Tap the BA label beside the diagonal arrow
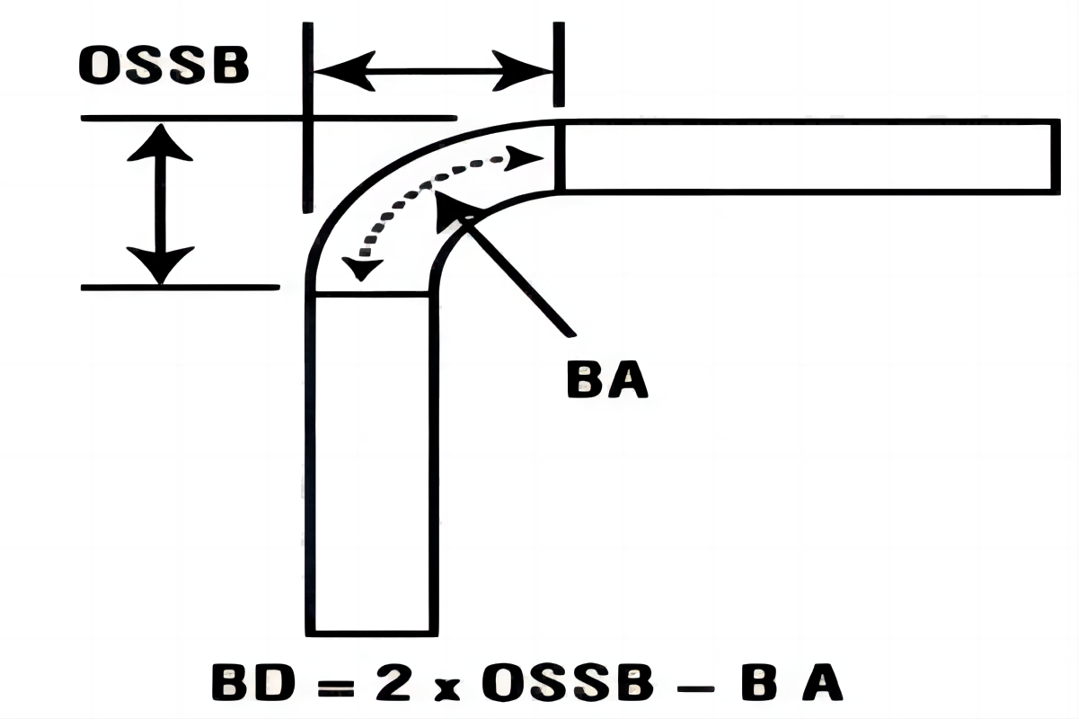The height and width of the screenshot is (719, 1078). pos(607,381)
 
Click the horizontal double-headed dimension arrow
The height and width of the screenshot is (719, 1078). pos(430,70)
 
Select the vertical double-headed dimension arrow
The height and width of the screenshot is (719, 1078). pos(160,203)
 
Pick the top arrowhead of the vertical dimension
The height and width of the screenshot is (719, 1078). pos(160,143)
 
